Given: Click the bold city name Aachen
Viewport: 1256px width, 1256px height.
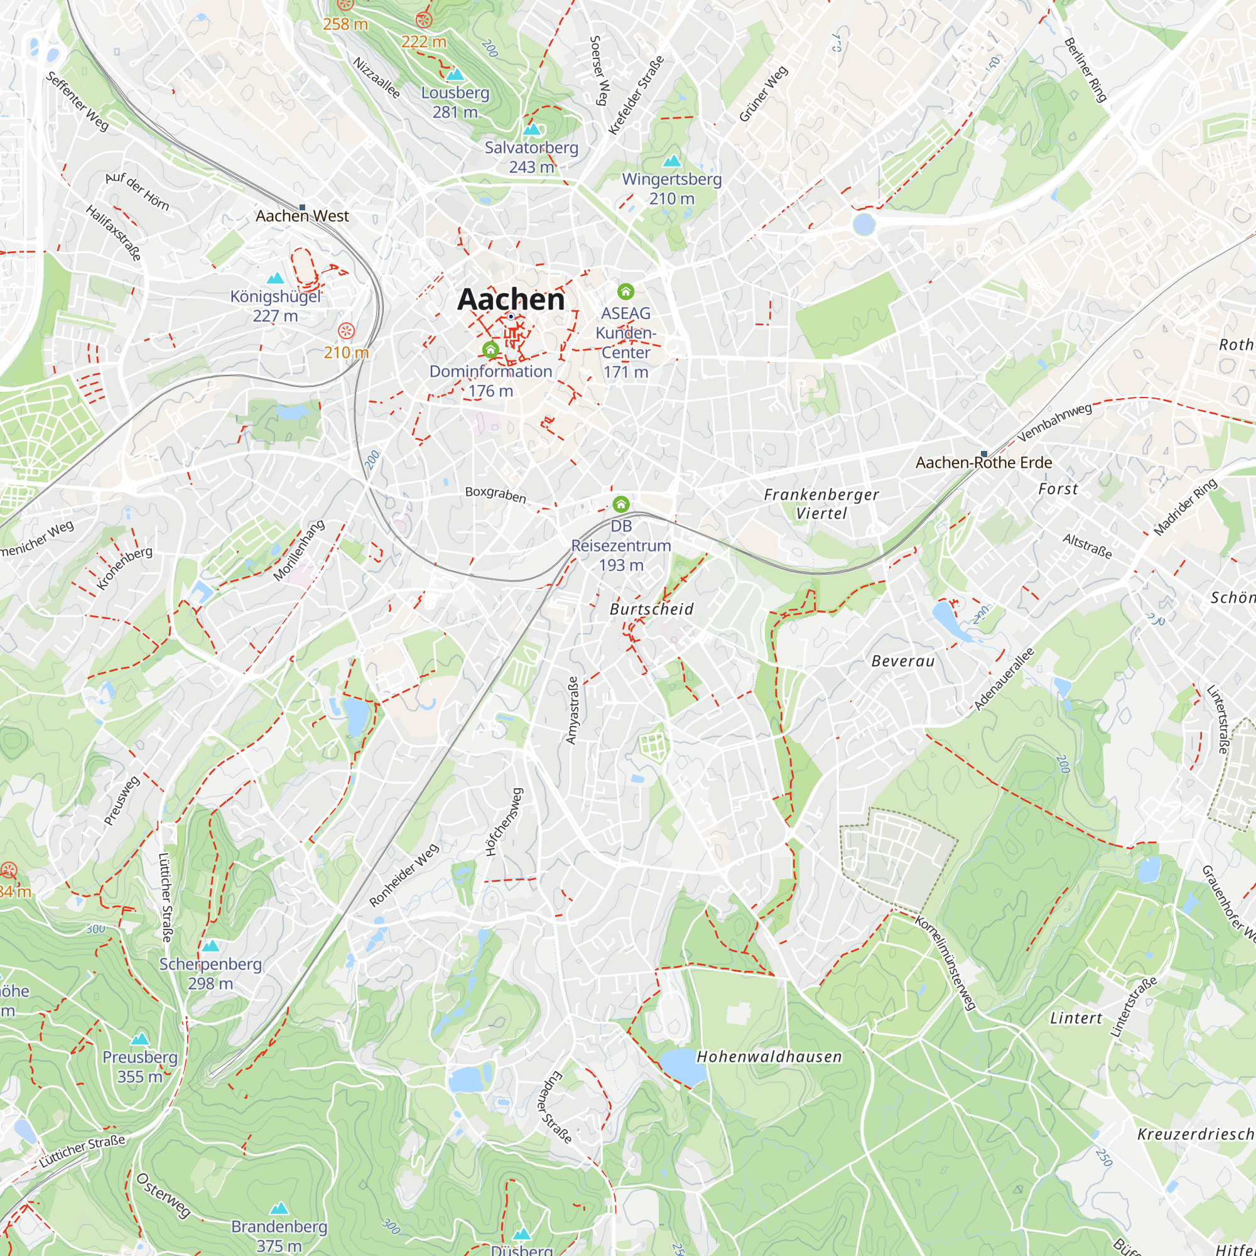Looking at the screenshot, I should tap(511, 299).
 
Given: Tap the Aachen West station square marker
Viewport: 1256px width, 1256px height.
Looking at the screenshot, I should tap(302, 207).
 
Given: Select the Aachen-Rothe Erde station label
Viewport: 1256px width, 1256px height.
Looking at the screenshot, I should tap(983, 462).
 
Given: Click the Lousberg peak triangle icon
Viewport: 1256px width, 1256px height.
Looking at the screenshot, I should tap(455, 74).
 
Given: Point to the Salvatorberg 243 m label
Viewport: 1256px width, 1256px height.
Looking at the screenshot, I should tap(531, 156).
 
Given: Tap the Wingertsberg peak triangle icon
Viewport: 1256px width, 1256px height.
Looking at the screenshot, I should tap(671, 160).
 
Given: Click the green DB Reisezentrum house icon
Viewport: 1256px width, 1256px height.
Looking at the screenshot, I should tap(621, 504).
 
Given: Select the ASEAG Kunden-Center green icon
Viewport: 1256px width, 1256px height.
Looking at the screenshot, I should tap(625, 291).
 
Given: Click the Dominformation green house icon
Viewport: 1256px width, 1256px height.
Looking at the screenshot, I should tap(491, 350).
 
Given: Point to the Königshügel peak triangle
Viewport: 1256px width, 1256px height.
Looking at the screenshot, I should tap(276, 278).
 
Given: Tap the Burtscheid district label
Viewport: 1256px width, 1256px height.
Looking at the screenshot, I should tap(651, 609).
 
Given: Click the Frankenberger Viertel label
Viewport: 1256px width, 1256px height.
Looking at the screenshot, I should tap(821, 504).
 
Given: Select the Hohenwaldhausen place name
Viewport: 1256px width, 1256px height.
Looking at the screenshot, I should tap(769, 1056).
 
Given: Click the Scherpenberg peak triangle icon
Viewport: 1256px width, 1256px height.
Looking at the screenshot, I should tap(210, 946).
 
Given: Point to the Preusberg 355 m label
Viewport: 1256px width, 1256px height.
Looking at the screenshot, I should tap(140, 1067).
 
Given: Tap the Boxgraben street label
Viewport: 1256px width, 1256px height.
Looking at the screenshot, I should tap(495, 494).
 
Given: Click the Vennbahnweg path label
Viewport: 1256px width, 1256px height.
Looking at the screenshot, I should tap(1054, 423).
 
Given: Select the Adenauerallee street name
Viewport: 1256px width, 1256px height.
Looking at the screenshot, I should tap(1004, 679).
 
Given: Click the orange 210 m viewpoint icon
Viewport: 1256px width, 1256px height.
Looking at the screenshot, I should tap(347, 331).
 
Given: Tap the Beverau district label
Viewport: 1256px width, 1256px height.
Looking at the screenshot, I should tap(902, 661).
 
